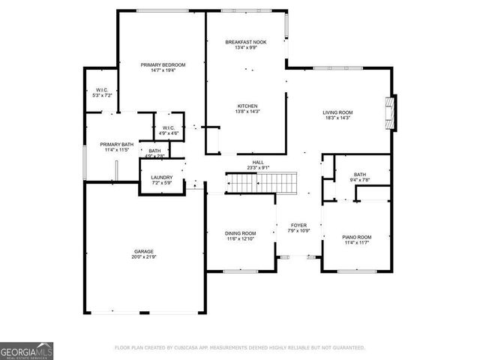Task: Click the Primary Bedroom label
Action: (x=163, y=65)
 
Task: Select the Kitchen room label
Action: (x=247, y=106)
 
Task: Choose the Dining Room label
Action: (x=241, y=233)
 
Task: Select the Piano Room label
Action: (x=357, y=237)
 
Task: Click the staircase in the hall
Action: (x=262, y=181)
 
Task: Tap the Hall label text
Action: (x=258, y=162)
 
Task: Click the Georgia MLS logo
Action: (x=27, y=350)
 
